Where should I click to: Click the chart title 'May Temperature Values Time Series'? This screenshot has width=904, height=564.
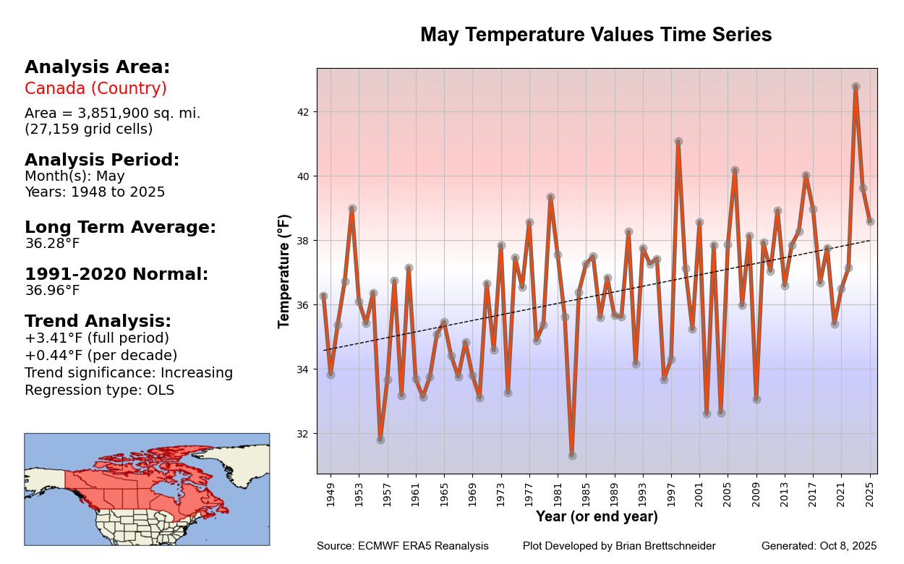(x=596, y=35)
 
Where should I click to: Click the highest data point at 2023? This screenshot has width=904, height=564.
(x=856, y=87)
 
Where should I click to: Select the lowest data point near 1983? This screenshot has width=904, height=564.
(x=572, y=456)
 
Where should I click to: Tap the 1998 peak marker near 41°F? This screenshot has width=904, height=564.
(x=678, y=142)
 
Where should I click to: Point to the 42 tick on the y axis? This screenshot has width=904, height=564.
(x=303, y=112)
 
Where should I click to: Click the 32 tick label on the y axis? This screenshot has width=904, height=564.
(x=303, y=434)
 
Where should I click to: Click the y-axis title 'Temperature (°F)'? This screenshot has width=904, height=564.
(x=284, y=271)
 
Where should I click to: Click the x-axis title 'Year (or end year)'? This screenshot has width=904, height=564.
(x=597, y=517)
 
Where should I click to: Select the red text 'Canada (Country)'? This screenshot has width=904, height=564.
(x=95, y=89)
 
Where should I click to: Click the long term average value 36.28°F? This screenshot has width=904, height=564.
(x=52, y=244)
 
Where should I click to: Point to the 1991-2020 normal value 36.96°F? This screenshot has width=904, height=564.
(x=52, y=291)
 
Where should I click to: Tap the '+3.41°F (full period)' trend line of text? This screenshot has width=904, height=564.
(x=97, y=338)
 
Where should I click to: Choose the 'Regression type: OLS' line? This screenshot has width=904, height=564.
(x=99, y=390)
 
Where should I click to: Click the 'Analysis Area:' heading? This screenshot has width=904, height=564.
(x=97, y=67)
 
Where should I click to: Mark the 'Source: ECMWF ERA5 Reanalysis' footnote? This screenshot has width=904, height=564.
(x=402, y=546)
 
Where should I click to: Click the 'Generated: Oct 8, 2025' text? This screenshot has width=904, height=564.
(x=819, y=546)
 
